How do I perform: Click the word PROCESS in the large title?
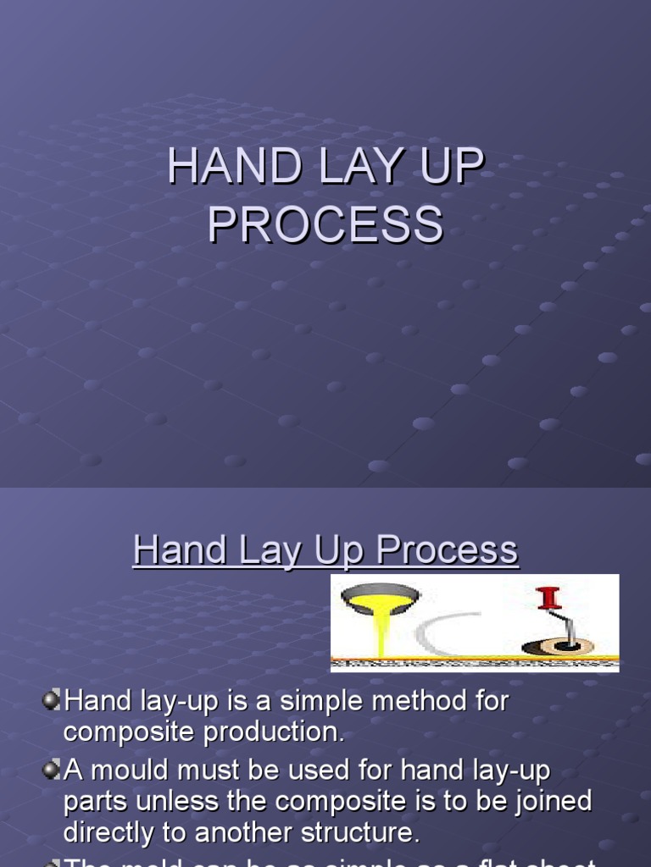tap(325, 224)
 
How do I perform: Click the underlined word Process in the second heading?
tap(447, 550)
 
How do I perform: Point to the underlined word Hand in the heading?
tap(171, 550)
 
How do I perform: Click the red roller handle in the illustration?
tap(548, 599)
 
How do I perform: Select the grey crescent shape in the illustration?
tap(437, 633)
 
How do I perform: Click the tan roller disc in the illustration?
tap(558, 647)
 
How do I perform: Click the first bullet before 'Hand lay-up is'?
tap(53, 700)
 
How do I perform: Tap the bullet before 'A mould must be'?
tap(53, 770)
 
